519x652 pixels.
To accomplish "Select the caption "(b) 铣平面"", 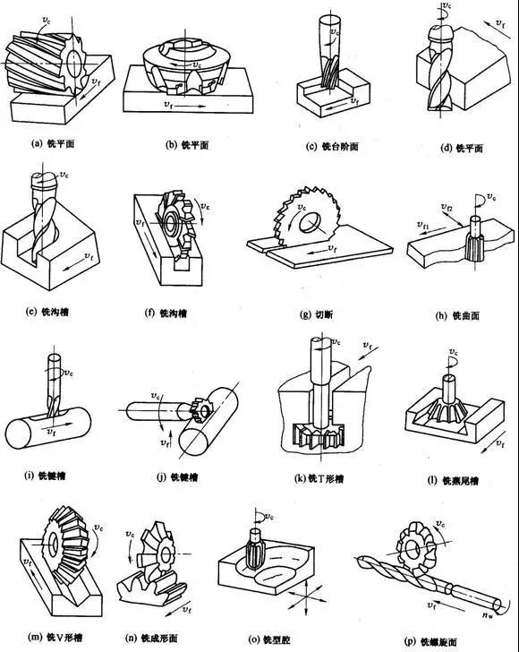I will [x=183, y=143].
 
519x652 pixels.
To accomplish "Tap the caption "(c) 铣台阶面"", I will [x=333, y=145].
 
